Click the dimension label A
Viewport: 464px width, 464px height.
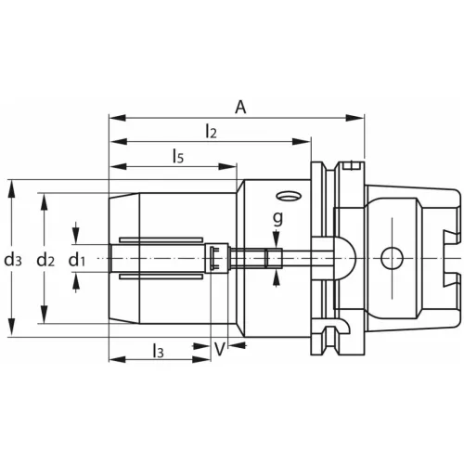click(240, 108)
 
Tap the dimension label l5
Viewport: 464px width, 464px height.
click(177, 158)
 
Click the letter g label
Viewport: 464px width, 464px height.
click(277, 218)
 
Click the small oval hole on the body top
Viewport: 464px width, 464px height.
click(286, 196)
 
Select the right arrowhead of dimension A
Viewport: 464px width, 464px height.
click(358, 118)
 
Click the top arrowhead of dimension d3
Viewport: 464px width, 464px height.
click(12, 185)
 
